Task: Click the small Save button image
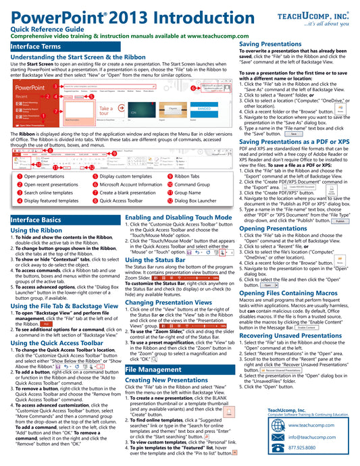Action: point(292,134)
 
